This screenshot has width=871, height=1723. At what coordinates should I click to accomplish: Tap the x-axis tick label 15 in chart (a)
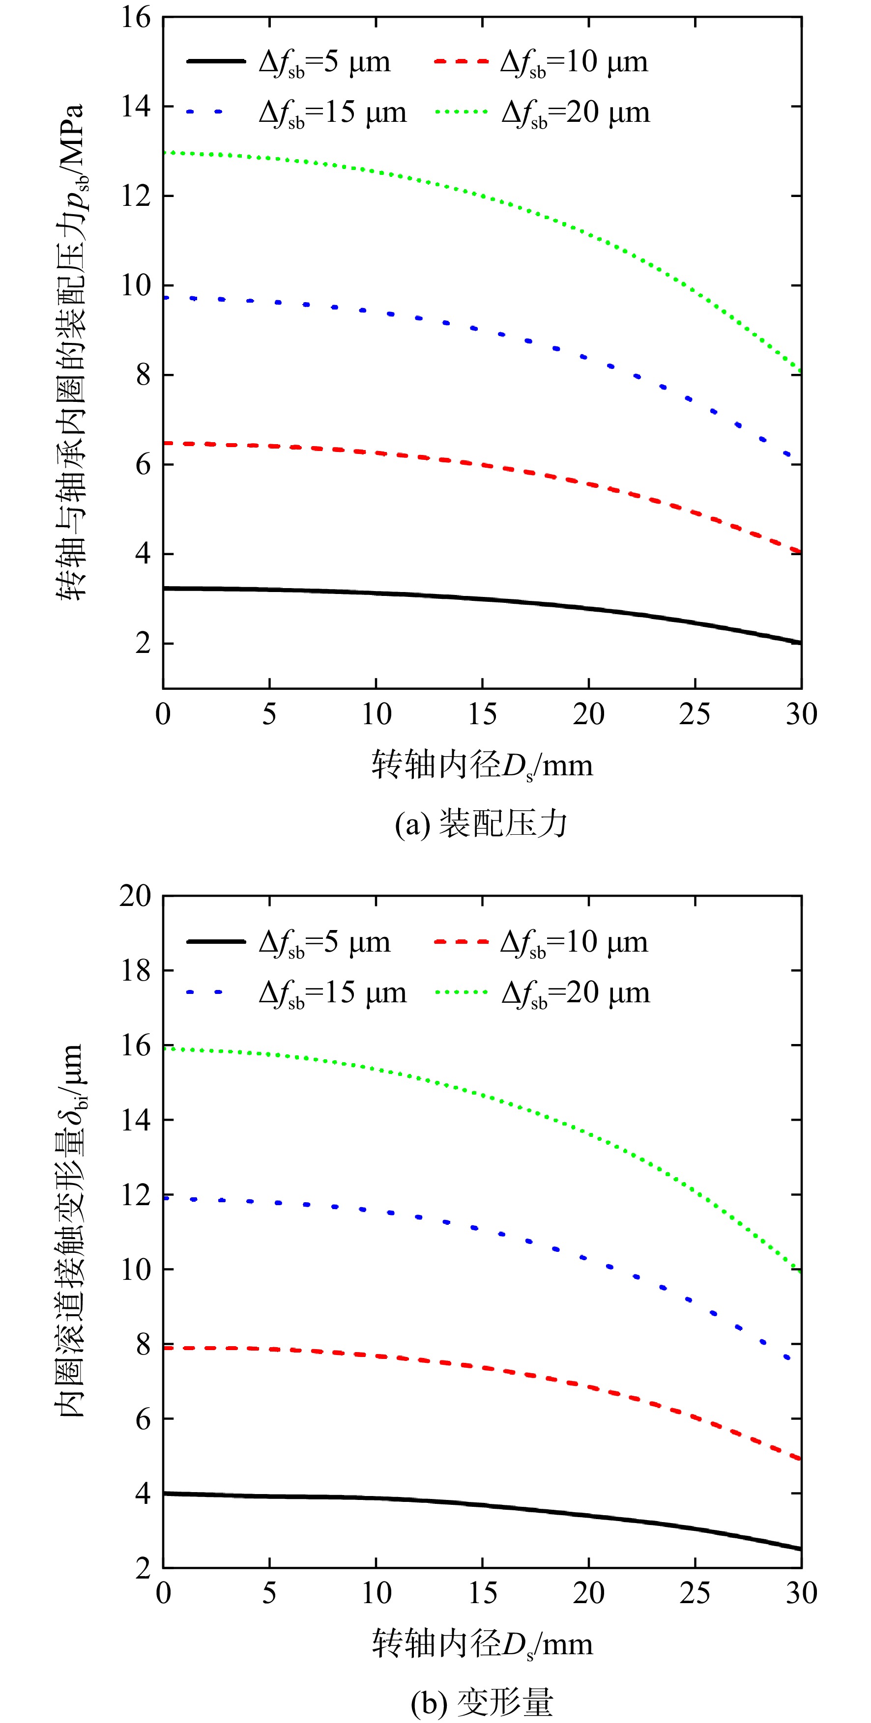[482, 714]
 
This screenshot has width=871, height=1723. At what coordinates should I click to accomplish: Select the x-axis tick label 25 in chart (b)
[695, 1593]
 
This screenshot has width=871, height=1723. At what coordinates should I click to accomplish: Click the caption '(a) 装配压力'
[482, 824]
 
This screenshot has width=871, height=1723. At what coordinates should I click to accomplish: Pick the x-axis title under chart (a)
[482, 765]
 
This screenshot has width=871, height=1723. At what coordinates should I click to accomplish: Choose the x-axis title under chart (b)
[482, 1644]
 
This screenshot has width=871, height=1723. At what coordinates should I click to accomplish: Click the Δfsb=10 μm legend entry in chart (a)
[541, 63]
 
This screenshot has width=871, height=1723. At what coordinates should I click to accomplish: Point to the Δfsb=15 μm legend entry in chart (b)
[296, 994]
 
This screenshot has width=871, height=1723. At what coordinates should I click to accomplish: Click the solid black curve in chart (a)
[482, 598]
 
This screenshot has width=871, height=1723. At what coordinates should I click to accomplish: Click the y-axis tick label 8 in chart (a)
[143, 375]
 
